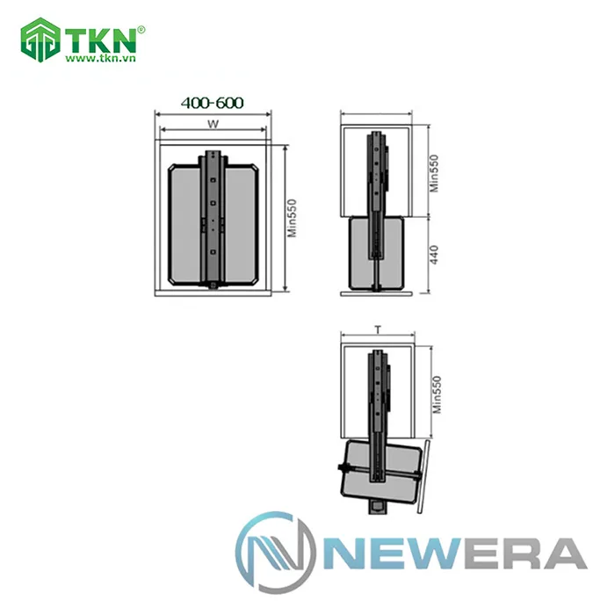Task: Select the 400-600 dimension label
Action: pyautogui.click(x=212, y=103)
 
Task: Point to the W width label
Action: pyautogui.click(x=213, y=125)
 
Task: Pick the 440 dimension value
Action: pyautogui.click(x=433, y=256)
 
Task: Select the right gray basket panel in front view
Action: pyautogui.click(x=242, y=223)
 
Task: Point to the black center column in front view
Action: pyautogui.click(x=213, y=220)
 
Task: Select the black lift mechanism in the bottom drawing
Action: pyautogui.click(x=377, y=413)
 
